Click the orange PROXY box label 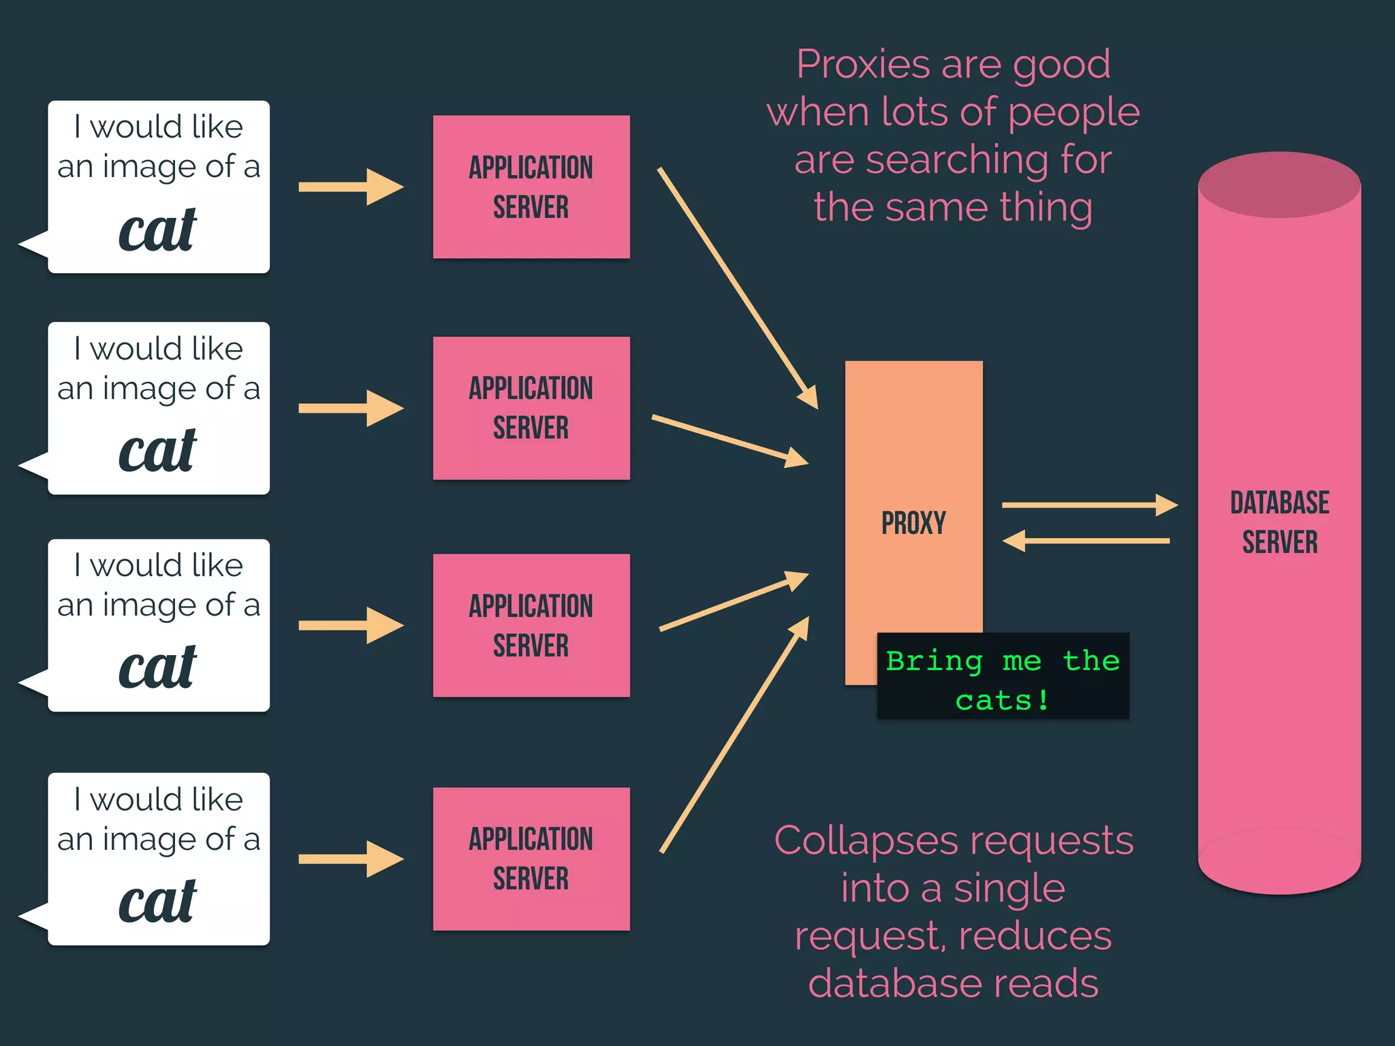pos(913,523)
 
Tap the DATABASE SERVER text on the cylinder pos(1279,522)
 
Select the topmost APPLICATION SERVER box pos(531,187)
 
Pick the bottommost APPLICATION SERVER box pos(531,859)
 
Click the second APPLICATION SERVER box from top pos(531,408)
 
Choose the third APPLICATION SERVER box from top pos(531,625)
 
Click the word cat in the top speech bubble pos(157,230)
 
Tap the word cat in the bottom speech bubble pos(157,902)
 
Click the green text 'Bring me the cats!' pos(1003,680)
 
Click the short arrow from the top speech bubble pos(351,187)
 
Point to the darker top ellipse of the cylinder pos(1279,185)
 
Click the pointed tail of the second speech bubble pos(31,465)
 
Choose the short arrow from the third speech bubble pos(351,625)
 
